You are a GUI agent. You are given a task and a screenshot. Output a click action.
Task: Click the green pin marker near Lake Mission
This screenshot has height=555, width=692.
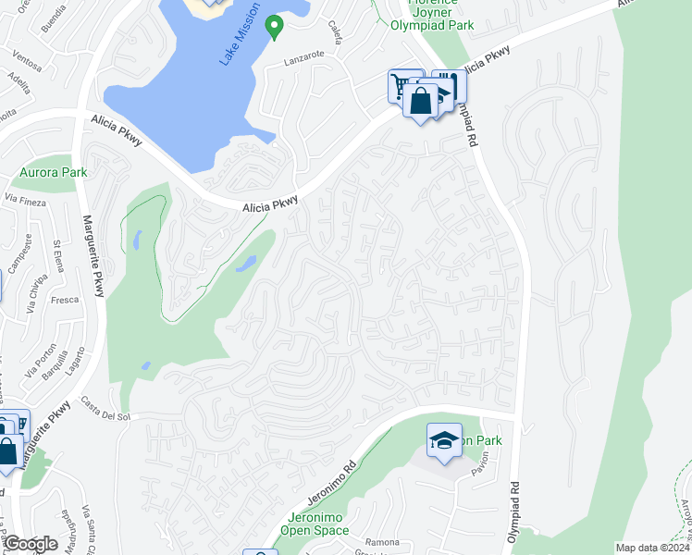click(x=274, y=28)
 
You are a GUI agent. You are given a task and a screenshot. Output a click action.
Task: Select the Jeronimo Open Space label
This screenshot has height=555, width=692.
click(x=304, y=524)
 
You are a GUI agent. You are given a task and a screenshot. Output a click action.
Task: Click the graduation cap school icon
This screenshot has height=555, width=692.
click(x=444, y=439)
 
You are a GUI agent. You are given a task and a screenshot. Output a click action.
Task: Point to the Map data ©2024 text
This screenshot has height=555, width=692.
click(x=652, y=548)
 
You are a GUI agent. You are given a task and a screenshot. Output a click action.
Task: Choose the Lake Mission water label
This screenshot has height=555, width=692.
click(x=235, y=43)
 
